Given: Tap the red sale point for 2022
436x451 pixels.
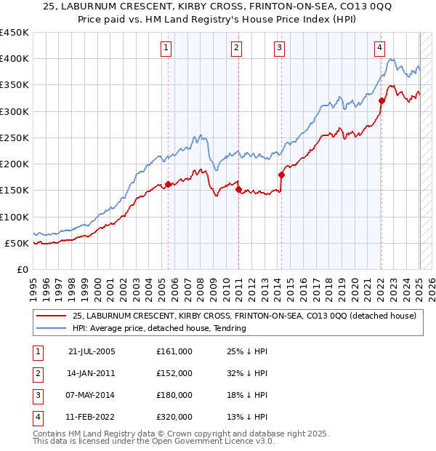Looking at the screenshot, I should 381,100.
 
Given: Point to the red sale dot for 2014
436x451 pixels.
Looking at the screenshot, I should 281,175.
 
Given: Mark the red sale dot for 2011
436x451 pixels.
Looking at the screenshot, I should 238,189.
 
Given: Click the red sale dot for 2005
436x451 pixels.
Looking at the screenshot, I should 168,184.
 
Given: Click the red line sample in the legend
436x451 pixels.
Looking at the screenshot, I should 52,316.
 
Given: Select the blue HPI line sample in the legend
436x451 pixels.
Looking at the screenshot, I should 52,328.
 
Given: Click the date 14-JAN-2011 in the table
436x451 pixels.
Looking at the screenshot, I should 92,373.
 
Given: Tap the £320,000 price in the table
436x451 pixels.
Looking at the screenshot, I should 174,417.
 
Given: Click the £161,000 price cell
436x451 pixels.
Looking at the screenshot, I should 174,351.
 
